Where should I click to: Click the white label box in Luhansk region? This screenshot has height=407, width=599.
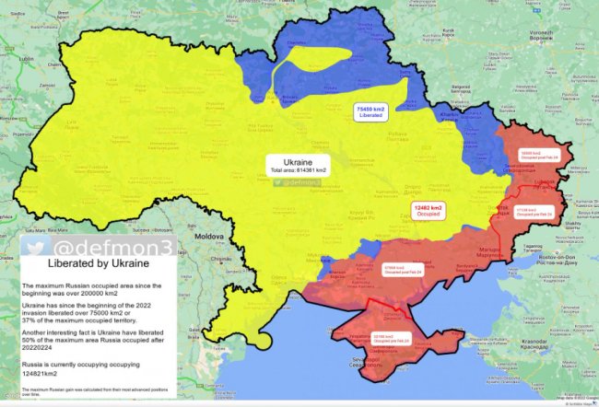point(538,155)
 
